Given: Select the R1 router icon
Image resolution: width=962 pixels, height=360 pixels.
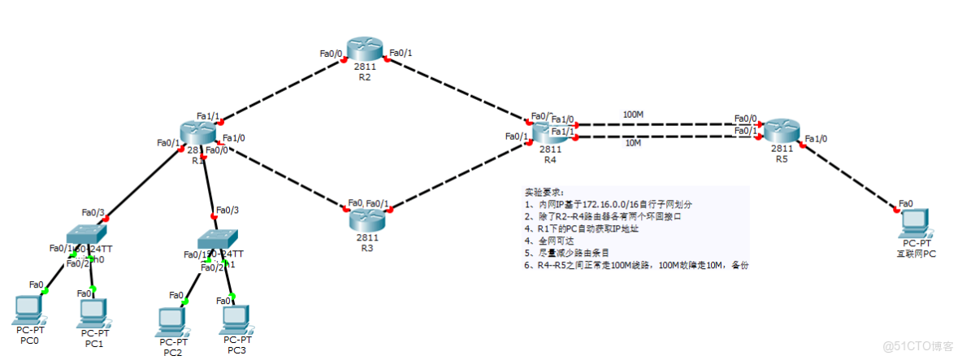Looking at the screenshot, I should pos(197,132).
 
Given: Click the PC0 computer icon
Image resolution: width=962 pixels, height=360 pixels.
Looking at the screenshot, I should pos(29,308).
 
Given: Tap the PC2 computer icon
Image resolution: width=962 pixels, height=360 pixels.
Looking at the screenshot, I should pos(172,321).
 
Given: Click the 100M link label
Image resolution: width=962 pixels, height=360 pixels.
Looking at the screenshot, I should pos(633,115).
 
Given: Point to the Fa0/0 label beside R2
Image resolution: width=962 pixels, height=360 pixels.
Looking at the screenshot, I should pos(331,54).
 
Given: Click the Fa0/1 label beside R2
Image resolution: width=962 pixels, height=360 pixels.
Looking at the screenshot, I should pos(401,54).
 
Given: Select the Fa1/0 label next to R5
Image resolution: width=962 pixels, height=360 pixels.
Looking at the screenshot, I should pos(815,139).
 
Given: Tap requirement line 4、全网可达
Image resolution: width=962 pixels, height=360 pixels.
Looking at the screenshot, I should pos(552,241).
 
